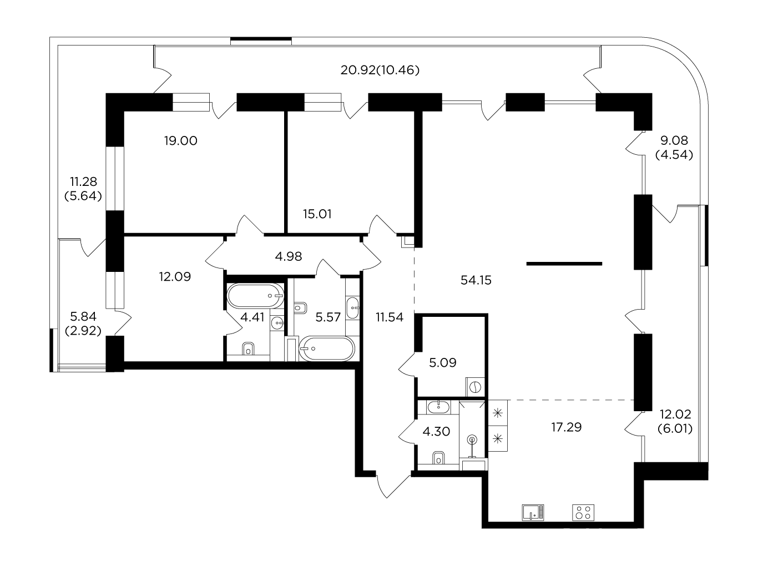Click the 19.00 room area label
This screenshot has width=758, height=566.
[180, 141]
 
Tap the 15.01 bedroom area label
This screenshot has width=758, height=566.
[317, 214]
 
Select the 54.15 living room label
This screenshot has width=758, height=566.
[476, 280]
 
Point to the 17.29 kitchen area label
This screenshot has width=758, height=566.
[567, 427]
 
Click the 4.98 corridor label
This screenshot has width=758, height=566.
[289, 256]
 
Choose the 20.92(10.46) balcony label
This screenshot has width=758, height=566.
[380, 70]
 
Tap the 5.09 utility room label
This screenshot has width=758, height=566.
[443, 362]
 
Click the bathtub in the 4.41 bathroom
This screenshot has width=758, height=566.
[256, 296]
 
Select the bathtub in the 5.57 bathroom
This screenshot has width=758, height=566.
[327, 349]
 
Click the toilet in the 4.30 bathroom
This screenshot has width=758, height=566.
[438, 458]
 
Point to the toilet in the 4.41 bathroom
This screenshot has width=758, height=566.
[248, 349]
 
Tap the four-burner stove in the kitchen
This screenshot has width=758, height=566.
[583, 513]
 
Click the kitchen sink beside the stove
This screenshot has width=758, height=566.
[533, 513]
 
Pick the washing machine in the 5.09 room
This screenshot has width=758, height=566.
[475, 387]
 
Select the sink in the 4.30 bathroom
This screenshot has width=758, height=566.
[438, 407]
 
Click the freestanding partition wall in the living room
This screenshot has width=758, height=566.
[564, 264]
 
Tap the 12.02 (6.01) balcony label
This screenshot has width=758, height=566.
[675, 421]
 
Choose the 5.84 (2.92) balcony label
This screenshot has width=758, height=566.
[83, 324]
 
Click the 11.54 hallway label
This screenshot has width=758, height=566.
[390, 317]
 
